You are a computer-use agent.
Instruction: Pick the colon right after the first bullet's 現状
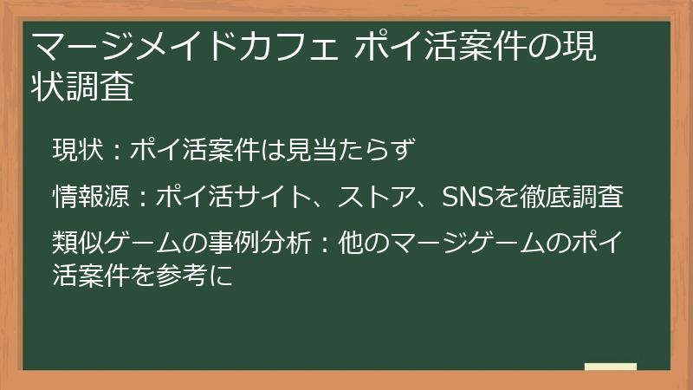click(117, 152)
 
